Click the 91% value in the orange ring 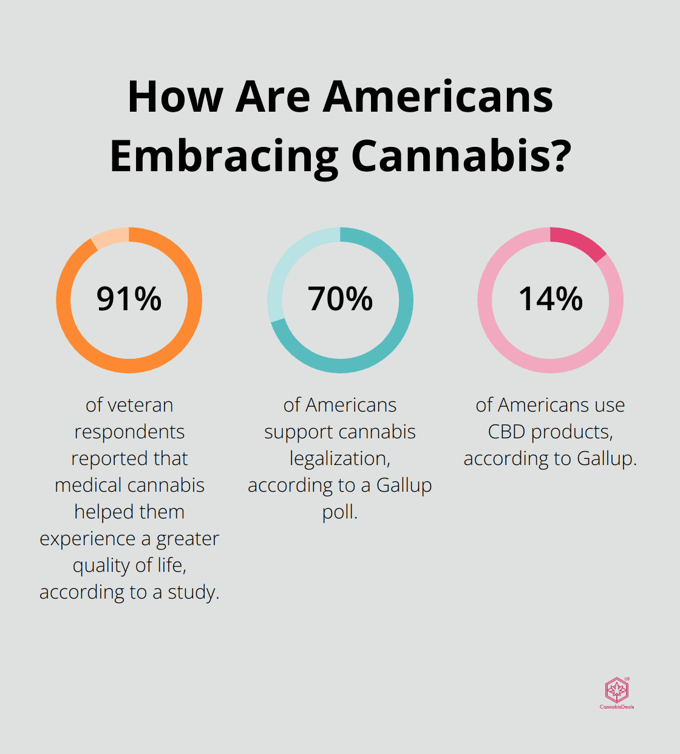pyautogui.click(x=129, y=299)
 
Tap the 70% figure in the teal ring pyautogui.click(x=340, y=299)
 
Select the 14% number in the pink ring pyautogui.click(x=550, y=299)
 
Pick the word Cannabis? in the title pyautogui.click(x=461, y=156)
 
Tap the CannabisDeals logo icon pyautogui.click(x=616, y=690)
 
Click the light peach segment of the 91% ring pyautogui.click(x=110, y=237)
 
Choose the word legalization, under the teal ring pyautogui.click(x=340, y=458)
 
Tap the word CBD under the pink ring pyautogui.click(x=506, y=432)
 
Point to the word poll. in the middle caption pyautogui.click(x=340, y=512)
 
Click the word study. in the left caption pyautogui.click(x=193, y=592)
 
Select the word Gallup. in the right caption pyautogui.click(x=607, y=458)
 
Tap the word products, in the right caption pyautogui.click(x=572, y=432)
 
